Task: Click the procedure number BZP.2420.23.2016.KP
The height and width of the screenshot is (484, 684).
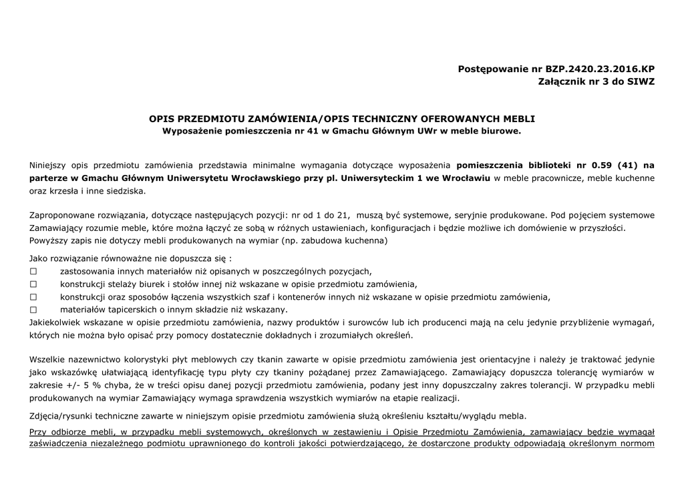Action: (x=600, y=68)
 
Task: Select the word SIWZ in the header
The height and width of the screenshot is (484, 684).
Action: (x=641, y=81)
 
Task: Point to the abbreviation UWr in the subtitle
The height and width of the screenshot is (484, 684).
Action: (x=427, y=131)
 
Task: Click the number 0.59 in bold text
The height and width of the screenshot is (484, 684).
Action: (x=603, y=165)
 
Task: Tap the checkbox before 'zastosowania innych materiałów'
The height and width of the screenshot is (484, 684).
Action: (x=33, y=271)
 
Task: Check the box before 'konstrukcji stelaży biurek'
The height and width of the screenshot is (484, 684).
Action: (x=33, y=284)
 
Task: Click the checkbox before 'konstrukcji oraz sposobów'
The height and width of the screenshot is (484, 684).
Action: (x=33, y=296)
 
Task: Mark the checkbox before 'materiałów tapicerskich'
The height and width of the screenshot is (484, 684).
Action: (x=33, y=309)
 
